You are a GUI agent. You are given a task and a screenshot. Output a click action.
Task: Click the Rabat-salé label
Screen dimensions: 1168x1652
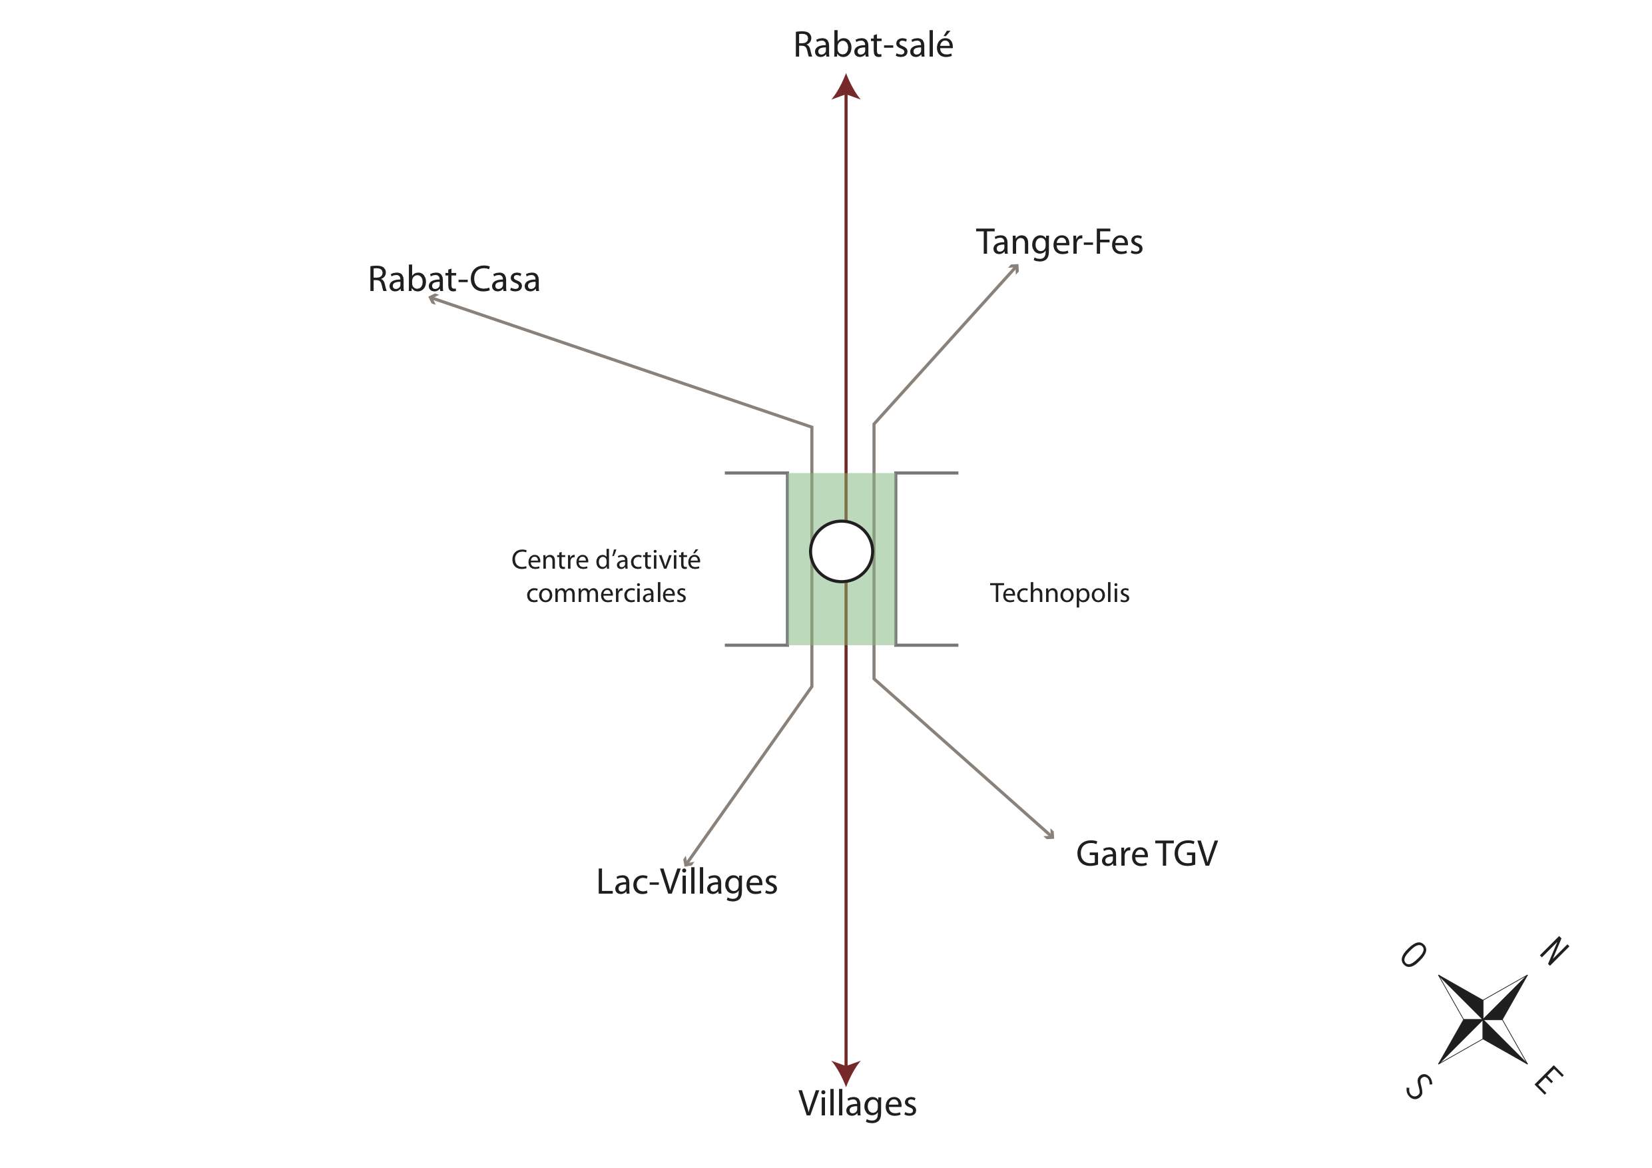[x=873, y=45]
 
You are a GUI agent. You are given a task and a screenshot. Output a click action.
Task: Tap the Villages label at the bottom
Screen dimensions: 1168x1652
[x=857, y=1104]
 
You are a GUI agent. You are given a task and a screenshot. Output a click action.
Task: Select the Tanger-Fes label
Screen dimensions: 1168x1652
[x=1059, y=242]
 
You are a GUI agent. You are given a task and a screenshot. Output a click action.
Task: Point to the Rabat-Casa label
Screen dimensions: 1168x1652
[x=453, y=279]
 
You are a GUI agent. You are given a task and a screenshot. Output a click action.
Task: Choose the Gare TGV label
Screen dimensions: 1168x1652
[x=1146, y=854]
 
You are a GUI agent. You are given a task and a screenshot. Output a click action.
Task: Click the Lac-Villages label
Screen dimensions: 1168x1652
[x=687, y=882]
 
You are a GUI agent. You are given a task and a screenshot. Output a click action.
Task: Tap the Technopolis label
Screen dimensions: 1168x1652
[x=1059, y=593]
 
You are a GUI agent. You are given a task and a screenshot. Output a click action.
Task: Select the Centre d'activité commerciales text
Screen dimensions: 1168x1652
[x=606, y=577]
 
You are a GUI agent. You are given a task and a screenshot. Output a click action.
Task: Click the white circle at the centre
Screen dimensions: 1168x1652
[x=841, y=551]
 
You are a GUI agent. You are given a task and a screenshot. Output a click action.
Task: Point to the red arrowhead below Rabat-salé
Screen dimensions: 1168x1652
[x=846, y=88]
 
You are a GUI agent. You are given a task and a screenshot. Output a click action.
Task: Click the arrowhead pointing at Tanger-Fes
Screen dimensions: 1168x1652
[x=1015, y=268]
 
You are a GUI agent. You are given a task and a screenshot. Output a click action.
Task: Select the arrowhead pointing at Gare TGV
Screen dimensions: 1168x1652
[x=1050, y=835]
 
